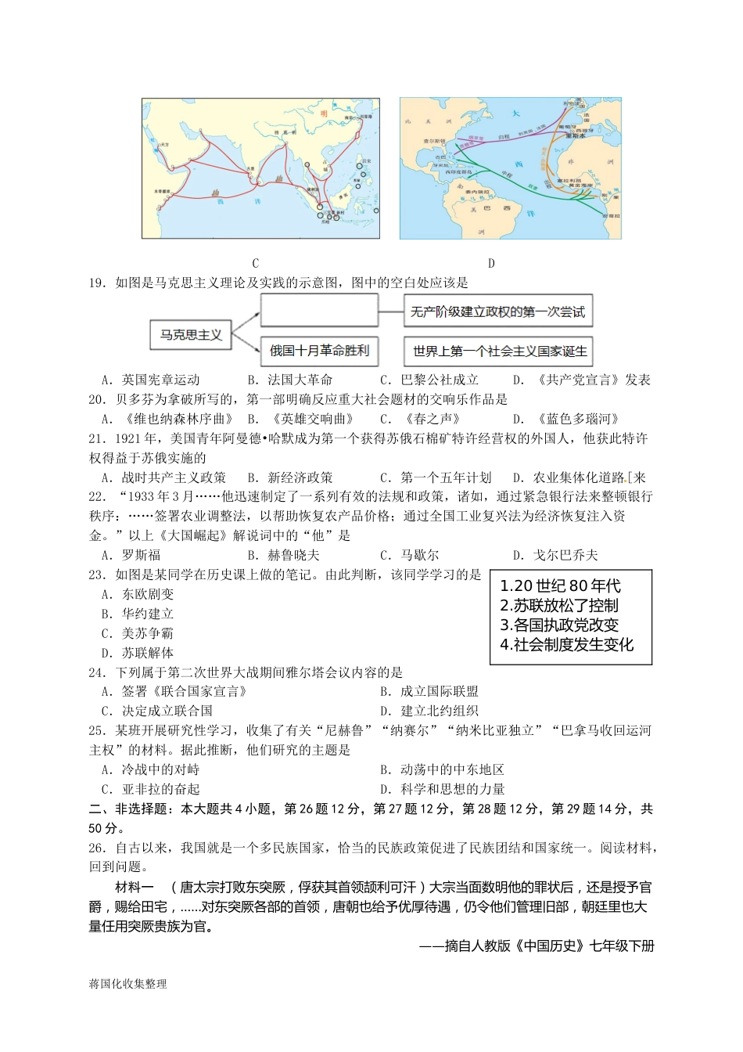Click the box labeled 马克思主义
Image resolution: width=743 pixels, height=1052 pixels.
click(191, 335)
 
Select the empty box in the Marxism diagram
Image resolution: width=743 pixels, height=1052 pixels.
click(319, 311)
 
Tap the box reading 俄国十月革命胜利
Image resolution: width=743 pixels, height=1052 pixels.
click(319, 351)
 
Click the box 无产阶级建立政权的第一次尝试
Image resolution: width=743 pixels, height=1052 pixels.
click(497, 312)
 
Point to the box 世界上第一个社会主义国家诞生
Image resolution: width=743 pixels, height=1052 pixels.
click(499, 351)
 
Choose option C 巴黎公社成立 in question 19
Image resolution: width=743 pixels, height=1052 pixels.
click(429, 380)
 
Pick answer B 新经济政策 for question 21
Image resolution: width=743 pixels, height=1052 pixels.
click(290, 477)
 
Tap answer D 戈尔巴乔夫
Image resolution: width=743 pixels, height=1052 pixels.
click(555, 555)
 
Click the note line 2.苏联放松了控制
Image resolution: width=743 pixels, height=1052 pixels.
click(559, 605)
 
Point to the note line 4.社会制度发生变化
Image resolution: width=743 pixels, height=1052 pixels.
click(567, 644)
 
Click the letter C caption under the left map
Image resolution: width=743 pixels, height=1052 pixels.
click(256, 264)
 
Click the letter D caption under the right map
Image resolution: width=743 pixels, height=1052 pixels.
click(491, 264)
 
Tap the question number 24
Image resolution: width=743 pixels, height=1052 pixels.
click(97, 672)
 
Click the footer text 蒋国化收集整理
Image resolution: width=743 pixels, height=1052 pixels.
click(127, 984)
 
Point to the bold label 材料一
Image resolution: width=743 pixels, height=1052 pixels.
click(134, 887)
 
